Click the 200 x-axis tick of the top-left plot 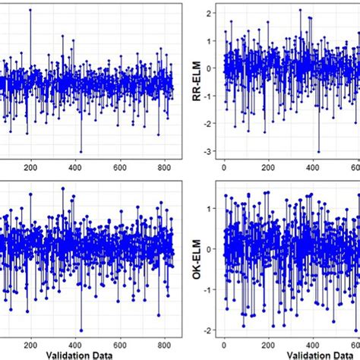31,166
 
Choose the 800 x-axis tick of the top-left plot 163,166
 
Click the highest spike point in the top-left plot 30,10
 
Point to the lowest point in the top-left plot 81,151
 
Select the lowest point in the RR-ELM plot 319,151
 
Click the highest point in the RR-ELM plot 300,10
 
